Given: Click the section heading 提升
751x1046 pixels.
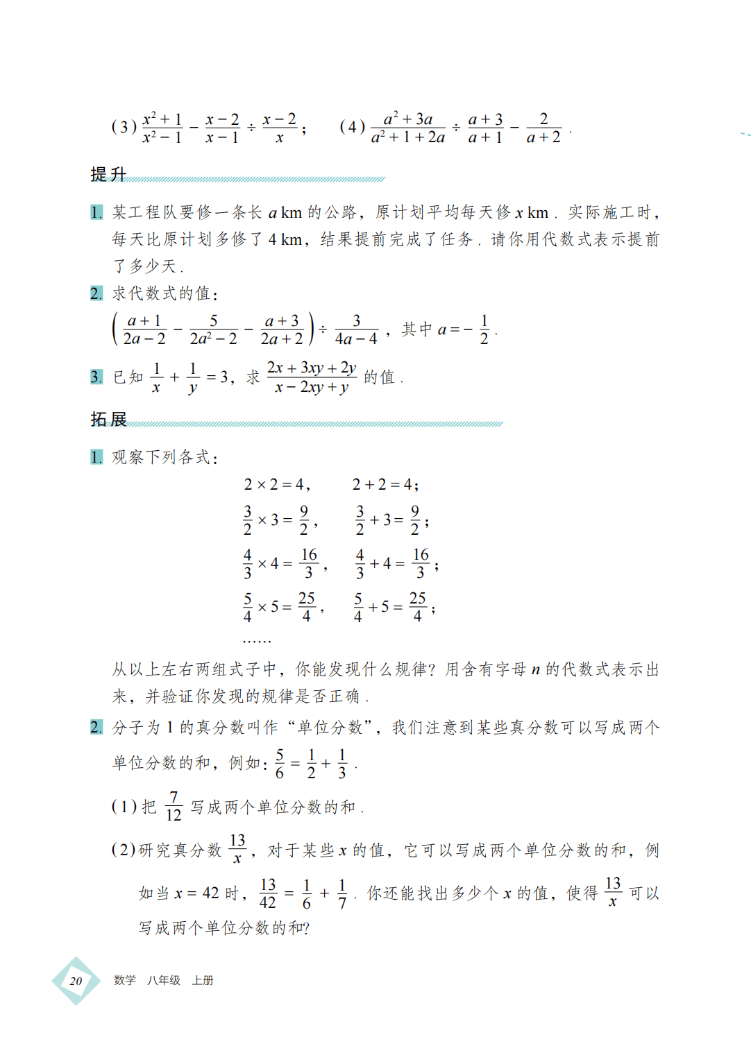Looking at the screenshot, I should tap(108, 174).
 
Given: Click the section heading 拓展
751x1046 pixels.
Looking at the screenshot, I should tap(108, 419).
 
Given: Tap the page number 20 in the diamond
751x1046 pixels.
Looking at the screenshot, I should tap(76, 981).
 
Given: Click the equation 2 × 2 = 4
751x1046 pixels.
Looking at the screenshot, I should tap(276, 484).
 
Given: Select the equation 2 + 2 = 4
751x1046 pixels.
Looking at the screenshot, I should tap(384, 484).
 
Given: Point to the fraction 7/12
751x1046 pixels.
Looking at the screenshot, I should tap(174, 806).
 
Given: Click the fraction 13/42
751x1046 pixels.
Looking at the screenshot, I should tap(268, 893).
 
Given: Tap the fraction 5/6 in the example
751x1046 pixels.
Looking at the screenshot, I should tap(280, 764).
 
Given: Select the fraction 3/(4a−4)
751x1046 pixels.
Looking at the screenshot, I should tap(356, 329).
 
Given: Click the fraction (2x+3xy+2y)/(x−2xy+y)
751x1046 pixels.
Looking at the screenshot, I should tap(312, 377).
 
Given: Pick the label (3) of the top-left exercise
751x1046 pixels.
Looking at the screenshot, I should tap(124, 127).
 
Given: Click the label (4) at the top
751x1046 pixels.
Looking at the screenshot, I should tap(352, 127).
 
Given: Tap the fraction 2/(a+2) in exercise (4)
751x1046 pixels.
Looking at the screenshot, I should tap(543, 128).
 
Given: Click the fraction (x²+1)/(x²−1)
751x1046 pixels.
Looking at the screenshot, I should tap(162, 128).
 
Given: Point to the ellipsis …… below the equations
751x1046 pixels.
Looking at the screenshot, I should tap(257, 641).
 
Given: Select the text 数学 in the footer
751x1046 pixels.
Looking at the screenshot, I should tap(125, 980).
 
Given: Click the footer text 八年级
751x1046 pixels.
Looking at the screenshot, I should tap(164, 980).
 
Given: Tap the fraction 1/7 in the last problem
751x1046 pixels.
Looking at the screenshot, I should tap(342, 893).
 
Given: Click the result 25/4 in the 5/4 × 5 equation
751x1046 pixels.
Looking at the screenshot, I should tap(307, 607).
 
